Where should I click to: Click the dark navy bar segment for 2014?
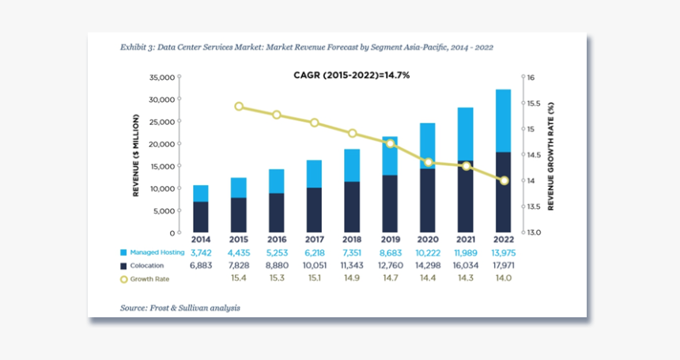[201, 217]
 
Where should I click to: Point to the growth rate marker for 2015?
[239, 107]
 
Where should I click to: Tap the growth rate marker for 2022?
[504, 180]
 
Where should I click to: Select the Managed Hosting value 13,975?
[503, 252]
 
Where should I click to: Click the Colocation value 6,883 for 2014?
[201, 266]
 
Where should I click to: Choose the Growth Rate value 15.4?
[239, 279]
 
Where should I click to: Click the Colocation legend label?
[149, 266]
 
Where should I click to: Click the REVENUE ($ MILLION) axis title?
[136, 155]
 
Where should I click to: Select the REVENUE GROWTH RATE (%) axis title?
[550, 156]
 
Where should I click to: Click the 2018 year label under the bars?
[352, 239]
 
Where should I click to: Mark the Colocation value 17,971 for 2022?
[503, 266]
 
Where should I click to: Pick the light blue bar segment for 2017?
[314, 173]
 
